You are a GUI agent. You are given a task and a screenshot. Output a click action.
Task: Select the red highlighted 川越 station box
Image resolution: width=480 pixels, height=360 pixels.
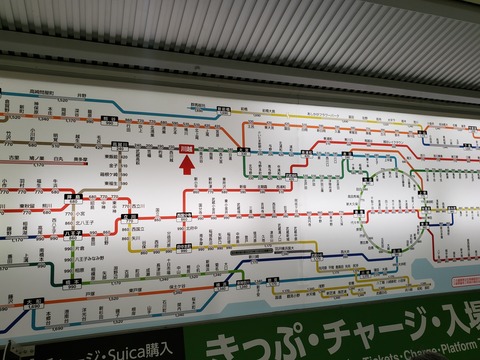(x=186, y=151)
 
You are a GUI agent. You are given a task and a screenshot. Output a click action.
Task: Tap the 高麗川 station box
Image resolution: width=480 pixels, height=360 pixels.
(x=120, y=146)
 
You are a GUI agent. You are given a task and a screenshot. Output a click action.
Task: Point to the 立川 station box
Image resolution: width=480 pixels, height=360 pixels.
(x=129, y=216)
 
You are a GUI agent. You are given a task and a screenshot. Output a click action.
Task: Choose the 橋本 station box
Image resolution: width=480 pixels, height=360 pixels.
(x=73, y=283)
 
